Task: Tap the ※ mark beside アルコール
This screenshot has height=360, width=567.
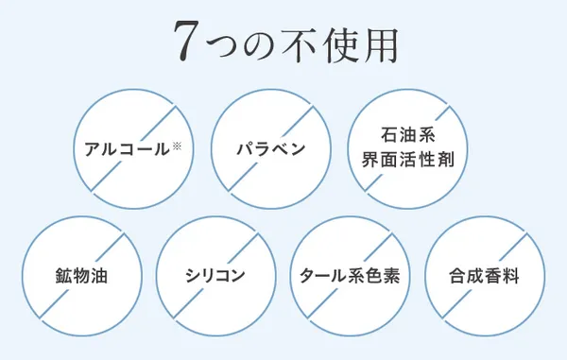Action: pos(176,146)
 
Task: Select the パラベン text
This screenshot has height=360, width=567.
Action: pos(269,150)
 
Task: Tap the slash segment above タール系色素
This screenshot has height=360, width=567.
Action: pos(378,248)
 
